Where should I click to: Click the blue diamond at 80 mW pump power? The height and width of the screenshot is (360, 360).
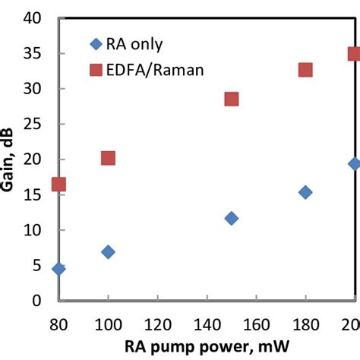tap(58, 269)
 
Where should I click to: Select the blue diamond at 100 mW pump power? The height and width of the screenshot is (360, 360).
tap(108, 251)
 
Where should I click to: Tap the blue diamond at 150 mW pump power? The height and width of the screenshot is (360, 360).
tap(232, 218)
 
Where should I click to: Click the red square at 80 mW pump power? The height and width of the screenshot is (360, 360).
tap(58, 185)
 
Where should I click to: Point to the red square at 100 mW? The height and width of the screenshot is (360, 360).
tap(108, 158)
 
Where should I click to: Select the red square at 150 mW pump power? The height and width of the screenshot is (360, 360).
tap(232, 99)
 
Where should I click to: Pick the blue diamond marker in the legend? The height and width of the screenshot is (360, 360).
tap(95, 43)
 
